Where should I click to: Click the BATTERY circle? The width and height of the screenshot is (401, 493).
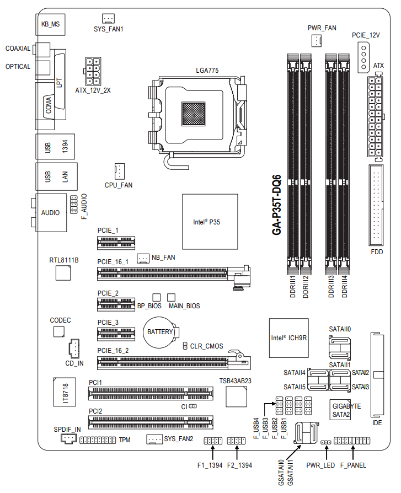[160, 332]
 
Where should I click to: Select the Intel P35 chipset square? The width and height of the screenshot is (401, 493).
[210, 223]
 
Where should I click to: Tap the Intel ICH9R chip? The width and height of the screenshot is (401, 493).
[288, 337]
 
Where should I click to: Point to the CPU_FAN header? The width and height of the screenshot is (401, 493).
[119, 170]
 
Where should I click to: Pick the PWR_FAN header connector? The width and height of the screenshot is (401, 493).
[317, 40]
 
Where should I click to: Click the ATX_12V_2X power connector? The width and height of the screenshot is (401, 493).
[93, 69]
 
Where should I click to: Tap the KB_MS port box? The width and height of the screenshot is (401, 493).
[51, 24]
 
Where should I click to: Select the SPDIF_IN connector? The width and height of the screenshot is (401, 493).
[67, 439]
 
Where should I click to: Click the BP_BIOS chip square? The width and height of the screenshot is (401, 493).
[157, 297]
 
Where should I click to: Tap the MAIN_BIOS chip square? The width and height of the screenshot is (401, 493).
[171, 297]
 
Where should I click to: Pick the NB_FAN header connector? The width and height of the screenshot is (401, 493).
[143, 258]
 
